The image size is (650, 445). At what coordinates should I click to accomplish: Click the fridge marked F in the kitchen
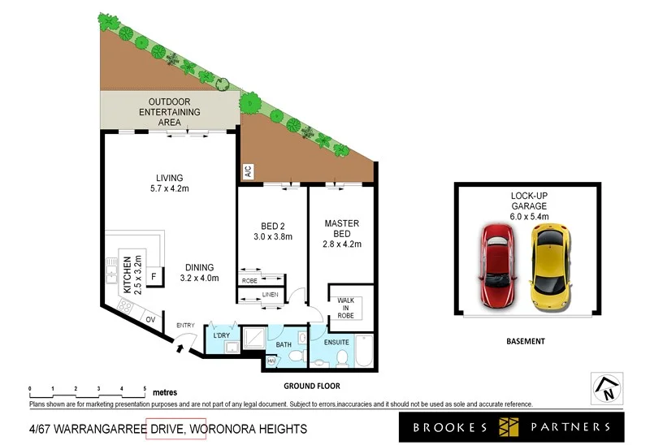153,275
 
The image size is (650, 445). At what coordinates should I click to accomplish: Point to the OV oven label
150,319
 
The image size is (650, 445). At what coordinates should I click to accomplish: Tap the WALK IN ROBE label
346,305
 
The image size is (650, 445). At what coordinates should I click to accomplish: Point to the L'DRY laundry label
221,335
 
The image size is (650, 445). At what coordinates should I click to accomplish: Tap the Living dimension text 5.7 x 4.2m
171,189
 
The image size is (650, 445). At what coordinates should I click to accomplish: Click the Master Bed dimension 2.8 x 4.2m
342,244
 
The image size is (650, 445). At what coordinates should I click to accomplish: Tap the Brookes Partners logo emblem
509,426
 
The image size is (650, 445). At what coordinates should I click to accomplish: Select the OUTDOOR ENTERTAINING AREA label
169,112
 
